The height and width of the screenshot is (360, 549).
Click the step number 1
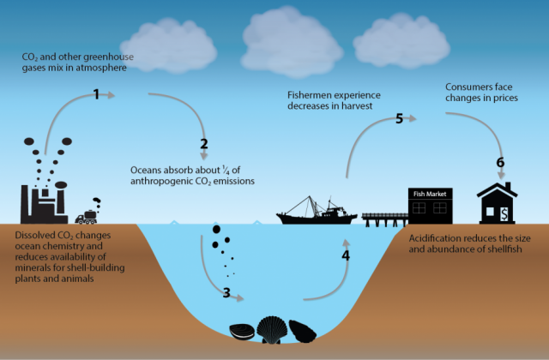97,94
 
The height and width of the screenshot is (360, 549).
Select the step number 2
203,144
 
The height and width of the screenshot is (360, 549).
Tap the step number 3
226,293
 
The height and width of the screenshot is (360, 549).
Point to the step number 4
346,255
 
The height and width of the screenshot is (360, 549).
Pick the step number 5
399,118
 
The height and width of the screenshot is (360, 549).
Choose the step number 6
501,162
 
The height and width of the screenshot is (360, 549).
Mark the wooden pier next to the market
384,218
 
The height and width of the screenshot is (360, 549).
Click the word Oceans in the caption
147,169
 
